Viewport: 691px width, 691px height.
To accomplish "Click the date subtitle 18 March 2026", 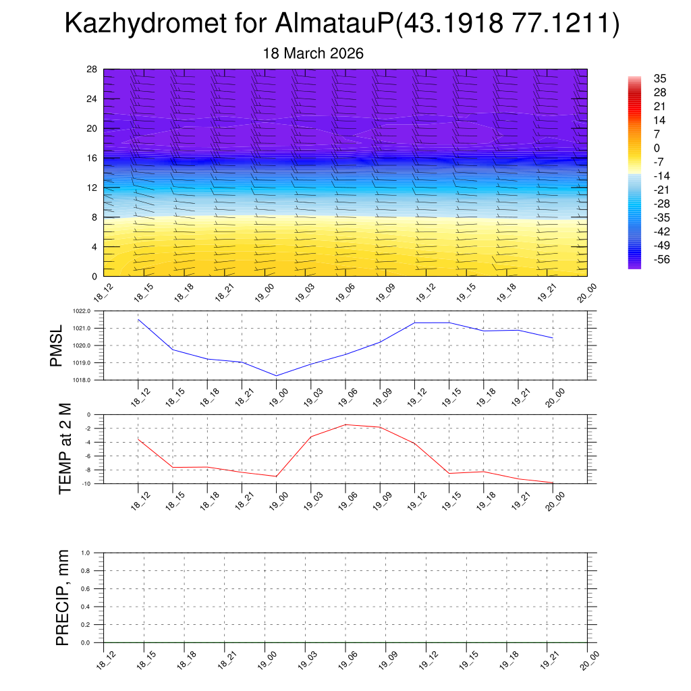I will [x=312, y=54].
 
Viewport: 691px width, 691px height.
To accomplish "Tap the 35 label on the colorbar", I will [x=660, y=78].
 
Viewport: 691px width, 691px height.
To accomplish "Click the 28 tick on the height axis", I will [x=92, y=70].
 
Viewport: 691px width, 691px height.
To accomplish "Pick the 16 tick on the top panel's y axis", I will [x=92, y=158].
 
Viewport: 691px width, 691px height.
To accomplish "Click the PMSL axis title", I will [x=57, y=345].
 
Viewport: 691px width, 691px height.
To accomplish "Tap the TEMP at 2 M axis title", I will [x=65, y=449].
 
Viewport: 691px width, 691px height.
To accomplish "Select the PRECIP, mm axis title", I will [x=63, y=597].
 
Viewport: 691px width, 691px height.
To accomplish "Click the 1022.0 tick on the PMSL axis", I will [x=90, y=311].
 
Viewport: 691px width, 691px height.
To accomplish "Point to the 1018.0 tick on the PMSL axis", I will [x=90, y=380].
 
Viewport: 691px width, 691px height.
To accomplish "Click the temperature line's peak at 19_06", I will [x=345, y=424].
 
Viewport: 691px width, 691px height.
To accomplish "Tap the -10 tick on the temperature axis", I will [x=87, y=484].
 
